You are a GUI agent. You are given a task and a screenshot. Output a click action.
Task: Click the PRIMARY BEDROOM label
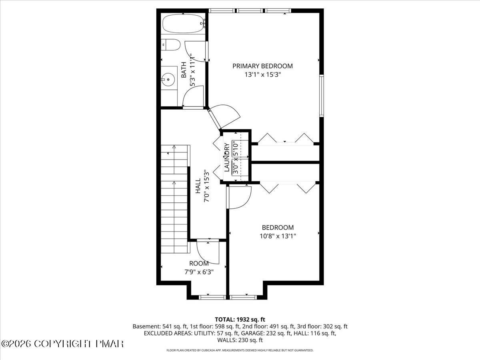[x=262, y=66]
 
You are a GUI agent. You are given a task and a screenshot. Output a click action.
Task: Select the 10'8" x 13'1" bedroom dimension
[x=278, y=236]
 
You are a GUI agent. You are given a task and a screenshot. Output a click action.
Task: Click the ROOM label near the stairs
[x=199, y=263]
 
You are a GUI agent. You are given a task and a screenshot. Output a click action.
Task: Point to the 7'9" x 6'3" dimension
[x=199, y=272]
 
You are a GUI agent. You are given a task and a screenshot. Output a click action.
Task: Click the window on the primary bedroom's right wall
[x=321, y=96]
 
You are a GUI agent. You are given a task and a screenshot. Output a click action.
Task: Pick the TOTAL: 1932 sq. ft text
[x=240, y=319]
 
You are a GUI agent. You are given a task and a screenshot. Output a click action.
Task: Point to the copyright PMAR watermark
[x=62, y=344]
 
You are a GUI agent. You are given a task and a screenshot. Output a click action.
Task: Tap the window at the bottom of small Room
[x=208, y=297]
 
